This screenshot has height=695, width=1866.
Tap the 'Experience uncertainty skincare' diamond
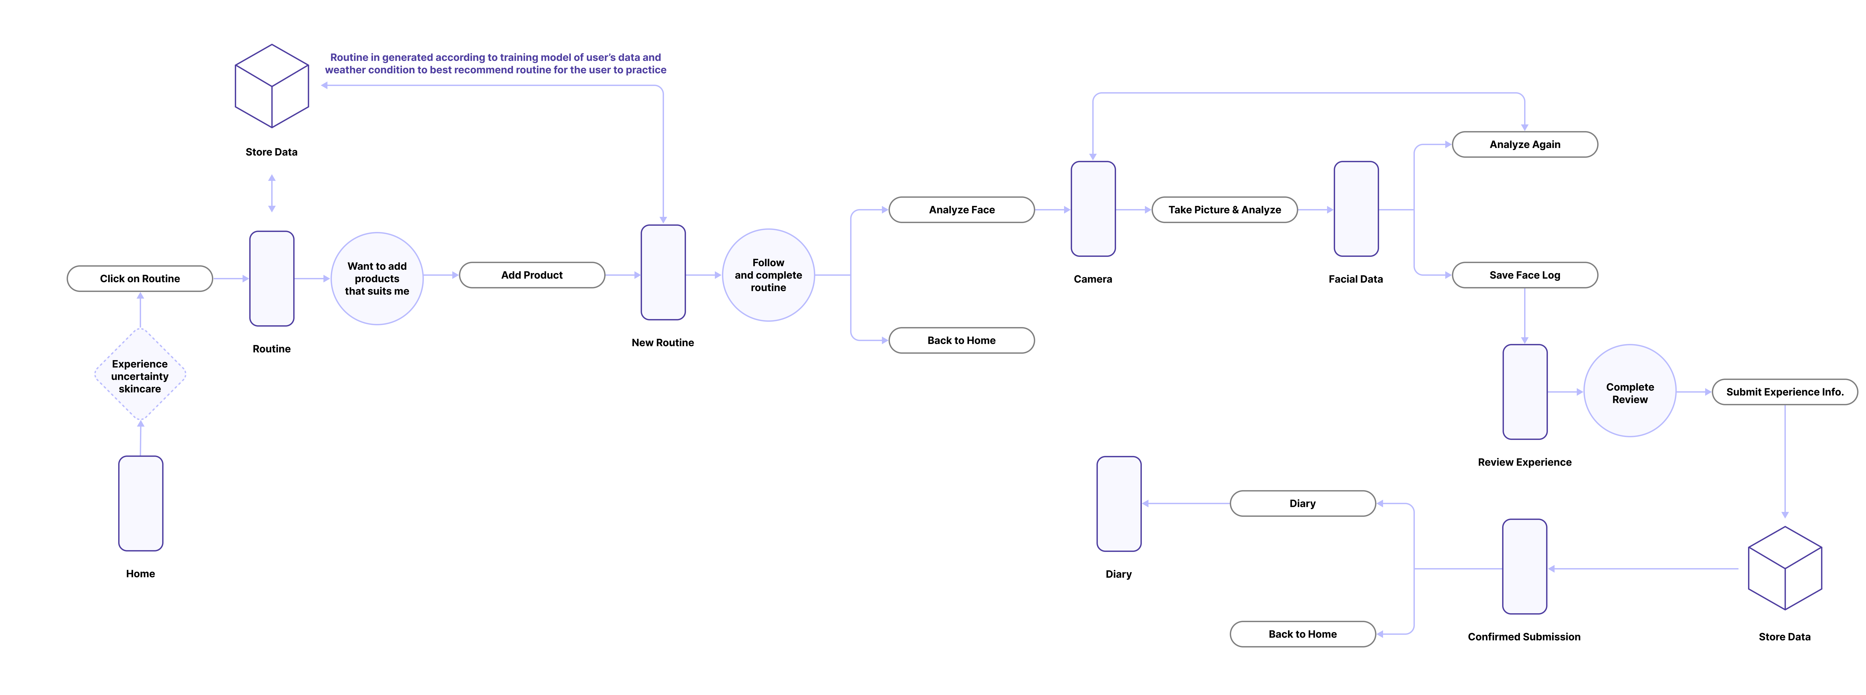pyautogui.click(x=140, y=375)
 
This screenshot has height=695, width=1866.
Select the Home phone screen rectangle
pyautogui.click(x=141, y=503)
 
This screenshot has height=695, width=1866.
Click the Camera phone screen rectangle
pyautogui.click(x=1092, y=209)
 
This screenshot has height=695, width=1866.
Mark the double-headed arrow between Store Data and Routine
pyautogui.click(x=272, y=193)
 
